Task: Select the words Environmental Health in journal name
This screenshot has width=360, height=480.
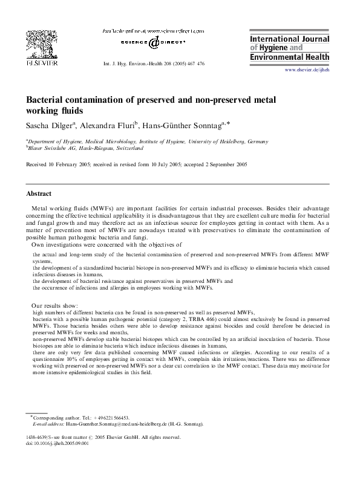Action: coord(289,57)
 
